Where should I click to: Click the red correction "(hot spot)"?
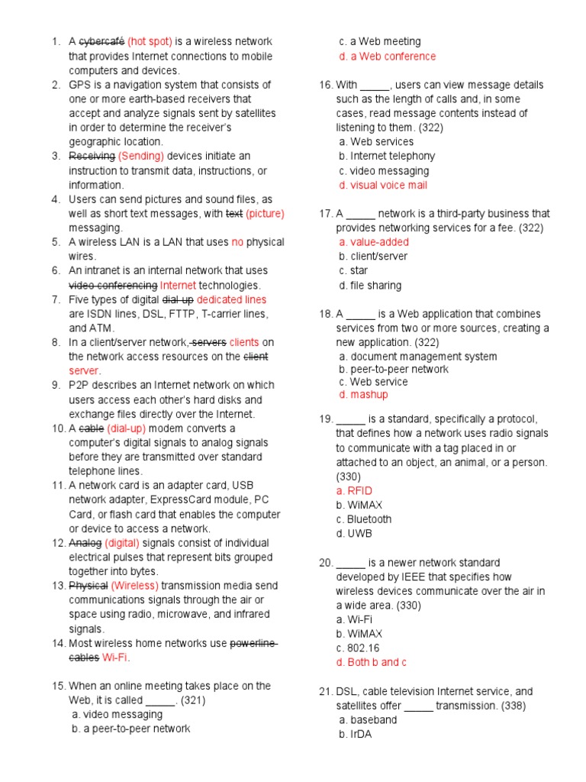[150, 41]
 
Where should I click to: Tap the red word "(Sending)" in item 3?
[141, 156]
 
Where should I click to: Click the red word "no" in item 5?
[237, 242]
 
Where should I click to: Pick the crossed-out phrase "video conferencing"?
[113, 285]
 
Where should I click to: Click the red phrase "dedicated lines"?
[232, 299]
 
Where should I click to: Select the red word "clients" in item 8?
[244, 342]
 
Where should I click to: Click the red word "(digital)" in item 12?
[122, 543]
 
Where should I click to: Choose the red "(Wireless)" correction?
[134, 586]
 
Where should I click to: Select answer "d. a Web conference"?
[388, 57]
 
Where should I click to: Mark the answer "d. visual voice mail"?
[383, 185]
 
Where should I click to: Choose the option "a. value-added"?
[374, 242]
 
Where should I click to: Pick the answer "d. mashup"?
[363, 395]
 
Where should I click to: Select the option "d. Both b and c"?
[372, 662]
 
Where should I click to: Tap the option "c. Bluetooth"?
[365, 519]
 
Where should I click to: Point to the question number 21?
[326, 691]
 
